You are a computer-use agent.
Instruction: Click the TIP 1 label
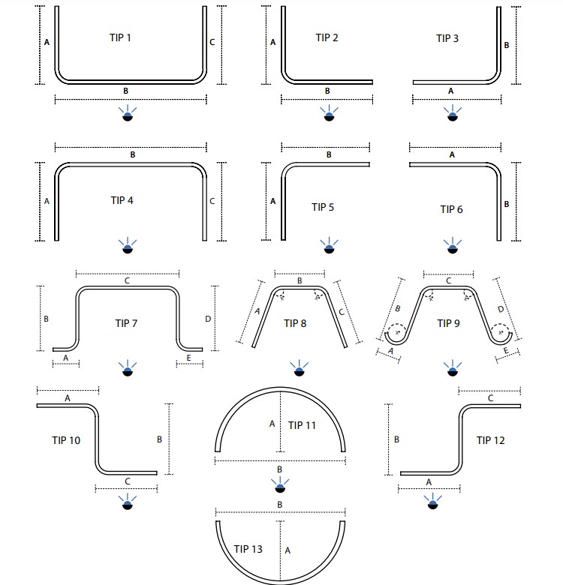pos(120,37)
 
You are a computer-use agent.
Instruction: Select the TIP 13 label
pos(248,550)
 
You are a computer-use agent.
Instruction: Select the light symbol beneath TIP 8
pos(302,368)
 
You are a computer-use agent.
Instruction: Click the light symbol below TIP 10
pos(127,503)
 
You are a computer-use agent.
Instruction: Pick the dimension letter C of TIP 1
pos(212,43)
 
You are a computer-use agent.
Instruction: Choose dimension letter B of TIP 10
pos(160,439)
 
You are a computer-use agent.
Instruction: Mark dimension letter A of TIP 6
pos(451,154)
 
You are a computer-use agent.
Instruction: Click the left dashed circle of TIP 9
pos(396,331)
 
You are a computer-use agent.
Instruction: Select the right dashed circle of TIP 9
pos(501,331)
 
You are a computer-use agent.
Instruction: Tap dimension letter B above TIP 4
pos(132,154)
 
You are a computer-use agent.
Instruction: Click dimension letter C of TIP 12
pos(490,398)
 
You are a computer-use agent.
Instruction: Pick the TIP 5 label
pos(322,206)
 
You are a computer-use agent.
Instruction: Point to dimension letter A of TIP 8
pos(257,310)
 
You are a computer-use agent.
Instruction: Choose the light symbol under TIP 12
pos(432,503)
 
